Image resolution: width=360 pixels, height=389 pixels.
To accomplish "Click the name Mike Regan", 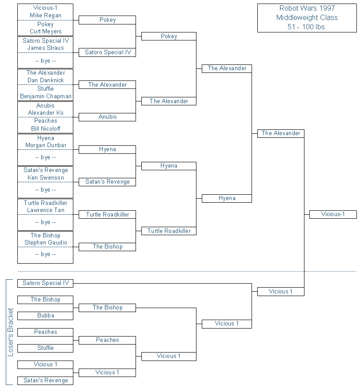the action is tap(45, 16).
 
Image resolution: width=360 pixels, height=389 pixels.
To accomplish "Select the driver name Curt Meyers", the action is tap(46, 31).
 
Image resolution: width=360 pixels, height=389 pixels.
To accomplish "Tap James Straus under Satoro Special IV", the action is tap(46, 48).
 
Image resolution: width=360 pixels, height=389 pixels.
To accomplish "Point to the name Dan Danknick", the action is tap(46, 80).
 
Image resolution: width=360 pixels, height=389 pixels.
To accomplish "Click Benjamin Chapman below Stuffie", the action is tap(46, 96).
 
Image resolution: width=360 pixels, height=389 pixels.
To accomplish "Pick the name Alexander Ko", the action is tap(46, 112).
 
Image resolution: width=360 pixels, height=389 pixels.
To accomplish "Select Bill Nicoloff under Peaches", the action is tap(46, 128).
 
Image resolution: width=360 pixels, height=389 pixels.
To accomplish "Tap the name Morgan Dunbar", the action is tap(46, 145).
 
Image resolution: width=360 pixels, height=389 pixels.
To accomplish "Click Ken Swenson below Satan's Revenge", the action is tap(46, 178).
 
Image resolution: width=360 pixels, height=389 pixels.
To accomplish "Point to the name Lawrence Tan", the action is tap(46, 210).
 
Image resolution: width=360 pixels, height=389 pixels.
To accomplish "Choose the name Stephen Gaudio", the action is tap(46, 242).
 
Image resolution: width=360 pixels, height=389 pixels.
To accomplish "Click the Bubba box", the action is tap(45, 316).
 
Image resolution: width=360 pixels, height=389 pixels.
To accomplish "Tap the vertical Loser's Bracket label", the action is tap(10, 332).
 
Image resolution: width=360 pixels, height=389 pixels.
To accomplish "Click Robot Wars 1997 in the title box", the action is tap(307, 8).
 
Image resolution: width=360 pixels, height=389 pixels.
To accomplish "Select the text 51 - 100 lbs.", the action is tap(307, 27).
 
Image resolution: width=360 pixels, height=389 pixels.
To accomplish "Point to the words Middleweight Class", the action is tap(307, 18).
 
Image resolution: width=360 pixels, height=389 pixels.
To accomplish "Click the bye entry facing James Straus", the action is tap(45, 61).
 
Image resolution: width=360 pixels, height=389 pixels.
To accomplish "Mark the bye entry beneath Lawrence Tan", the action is tap(45, 222).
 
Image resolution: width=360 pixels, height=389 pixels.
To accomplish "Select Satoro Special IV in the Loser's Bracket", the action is tap(45, 283).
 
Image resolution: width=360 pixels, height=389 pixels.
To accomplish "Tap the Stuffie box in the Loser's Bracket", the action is tap(45, 348).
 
